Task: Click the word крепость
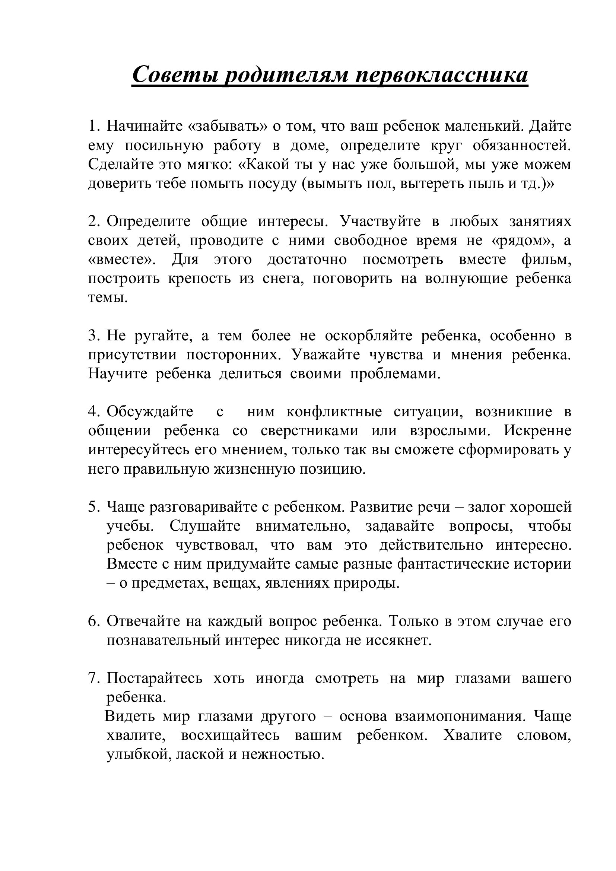click(x=200, y=279)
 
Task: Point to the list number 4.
click(x=93, y=411)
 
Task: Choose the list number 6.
click(x=93, y=621)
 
